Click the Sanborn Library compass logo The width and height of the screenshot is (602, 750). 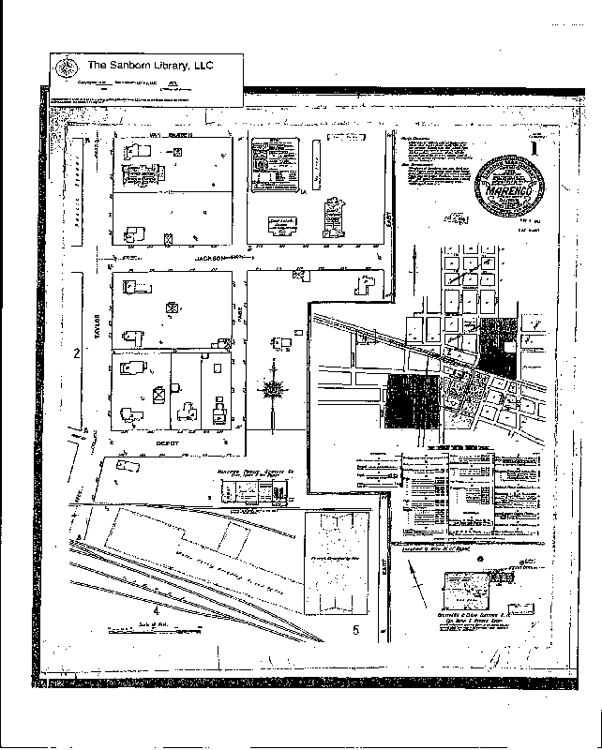(x=65, y=67)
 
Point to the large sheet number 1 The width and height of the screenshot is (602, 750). (x=534, y=146)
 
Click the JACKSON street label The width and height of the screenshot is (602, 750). (x=213, y=257)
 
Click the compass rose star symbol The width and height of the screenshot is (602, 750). (x=273, y=388)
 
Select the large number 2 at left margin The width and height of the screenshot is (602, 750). (x=76, y=353)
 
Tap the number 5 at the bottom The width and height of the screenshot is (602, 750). (x=355, y=629)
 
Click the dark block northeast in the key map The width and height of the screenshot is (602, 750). (x=497, y=347)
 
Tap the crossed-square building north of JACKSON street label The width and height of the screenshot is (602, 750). (x=169, y=239)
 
